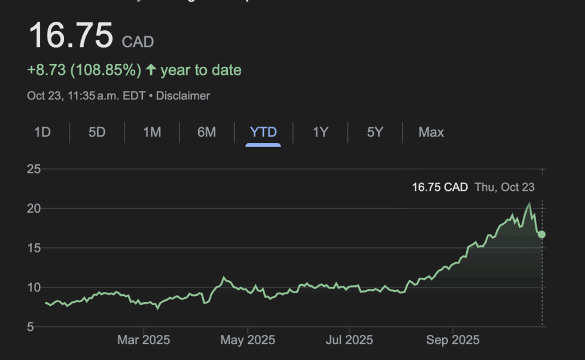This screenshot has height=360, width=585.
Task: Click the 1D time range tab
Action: click(42, 133)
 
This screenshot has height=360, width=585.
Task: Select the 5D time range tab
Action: click(97, 133)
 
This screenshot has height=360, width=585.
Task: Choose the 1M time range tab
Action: click(152, 133)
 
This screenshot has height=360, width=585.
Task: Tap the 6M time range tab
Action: click(207, 133)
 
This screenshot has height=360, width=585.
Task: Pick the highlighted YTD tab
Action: click(263, 133)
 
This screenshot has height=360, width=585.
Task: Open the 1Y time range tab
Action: click(320, 133)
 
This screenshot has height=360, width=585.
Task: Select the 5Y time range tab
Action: click(375, 133)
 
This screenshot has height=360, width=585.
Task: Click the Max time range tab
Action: click(431, 133)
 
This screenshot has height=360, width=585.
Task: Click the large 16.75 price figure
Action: click(71, 35)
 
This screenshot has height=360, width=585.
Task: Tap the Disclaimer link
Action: click(183, 96)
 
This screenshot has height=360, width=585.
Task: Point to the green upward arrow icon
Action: click(151, 70)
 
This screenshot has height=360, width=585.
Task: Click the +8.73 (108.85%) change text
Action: click(84, 70)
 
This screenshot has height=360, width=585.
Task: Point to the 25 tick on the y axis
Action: click(34, 169)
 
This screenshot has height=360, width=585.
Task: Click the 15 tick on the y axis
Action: click(34, 248)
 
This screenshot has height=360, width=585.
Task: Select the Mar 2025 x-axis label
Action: click(144, 341)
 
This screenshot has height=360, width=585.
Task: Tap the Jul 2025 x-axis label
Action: click(348, 341)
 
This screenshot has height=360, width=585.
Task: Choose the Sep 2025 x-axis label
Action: click(452, 341)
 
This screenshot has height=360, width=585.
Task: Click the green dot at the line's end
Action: click(542, 234)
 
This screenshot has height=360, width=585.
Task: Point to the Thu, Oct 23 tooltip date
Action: click(504, 187)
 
